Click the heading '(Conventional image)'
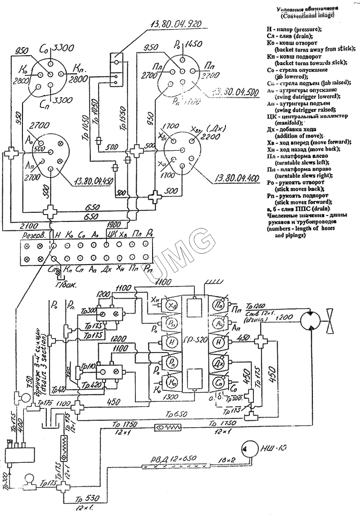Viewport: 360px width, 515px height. (x=307, y=16)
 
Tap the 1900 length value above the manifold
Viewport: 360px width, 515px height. (x=114, y=224)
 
